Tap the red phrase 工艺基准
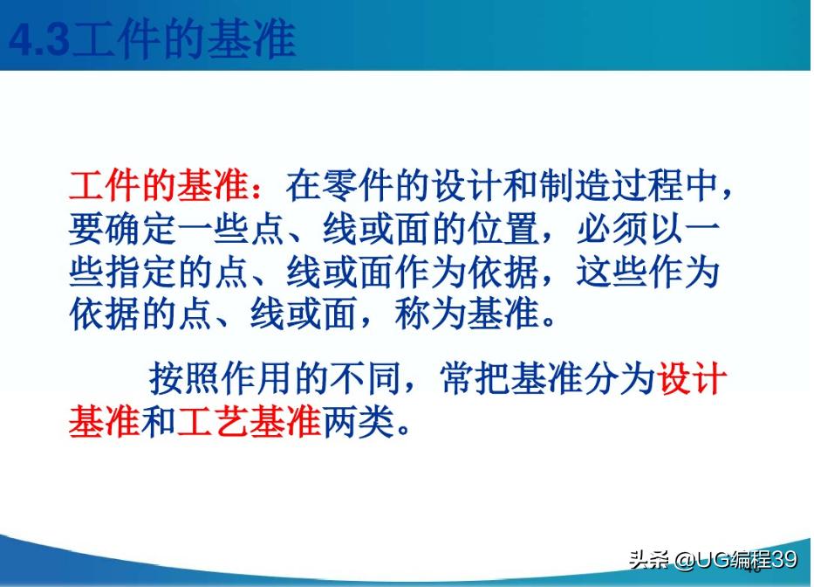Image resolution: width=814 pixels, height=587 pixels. click(249, 422)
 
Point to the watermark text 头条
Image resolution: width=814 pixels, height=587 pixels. click(648, 559)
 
